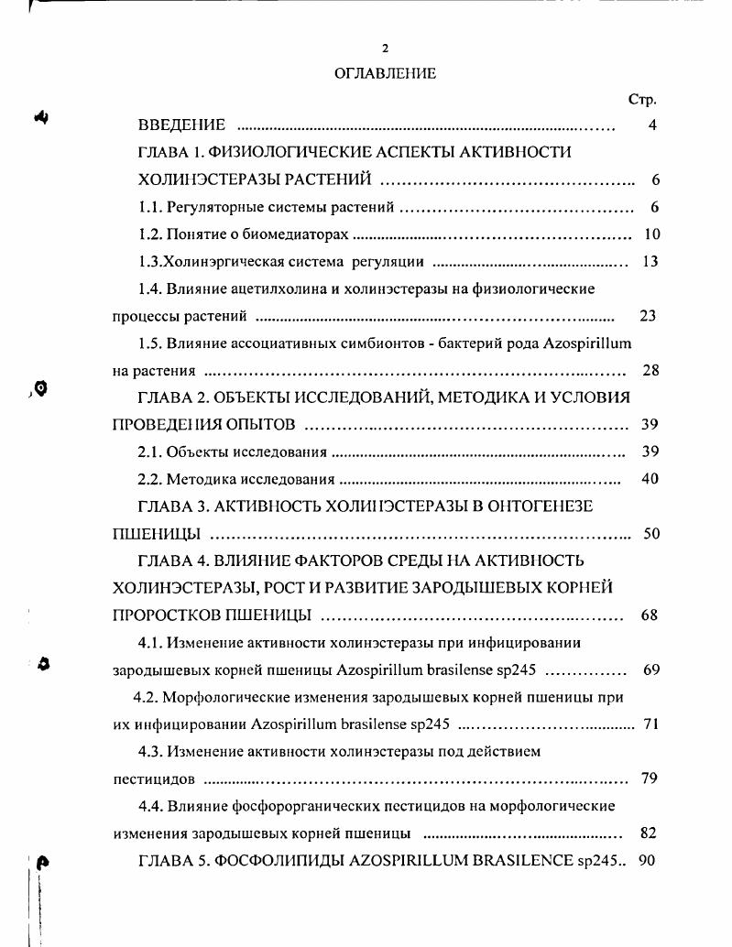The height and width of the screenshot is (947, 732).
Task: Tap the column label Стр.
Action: [642, 100]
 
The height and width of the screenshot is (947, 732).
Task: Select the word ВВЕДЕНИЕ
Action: [181, 125]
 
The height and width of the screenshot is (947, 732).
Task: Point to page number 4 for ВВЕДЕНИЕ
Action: [651, 125]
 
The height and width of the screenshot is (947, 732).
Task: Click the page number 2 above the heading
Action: [385, 48]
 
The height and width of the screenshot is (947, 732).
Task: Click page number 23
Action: [648, 316]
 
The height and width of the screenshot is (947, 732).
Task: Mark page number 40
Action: [650, 479]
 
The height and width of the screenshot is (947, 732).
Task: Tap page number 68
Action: [650, 615]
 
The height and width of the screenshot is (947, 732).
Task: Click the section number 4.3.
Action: [150, 752]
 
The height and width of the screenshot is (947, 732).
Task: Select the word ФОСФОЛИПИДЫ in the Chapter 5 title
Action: [273, 861]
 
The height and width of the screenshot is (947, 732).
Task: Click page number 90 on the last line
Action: [648, 861]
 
